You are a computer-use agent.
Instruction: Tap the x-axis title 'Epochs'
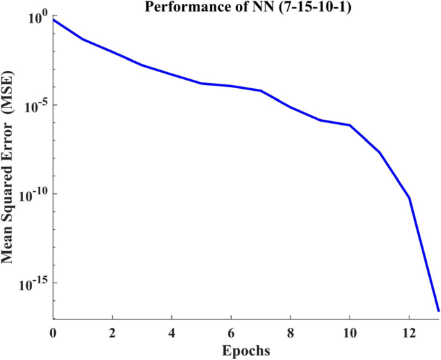click(246, 351)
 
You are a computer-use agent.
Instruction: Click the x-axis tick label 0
click(53, 332)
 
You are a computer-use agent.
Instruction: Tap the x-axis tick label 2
click(113, 332)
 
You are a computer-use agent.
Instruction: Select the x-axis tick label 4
click(172, 332)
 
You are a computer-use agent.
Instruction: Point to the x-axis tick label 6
click(231, 332)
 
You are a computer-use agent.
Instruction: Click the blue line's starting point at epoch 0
click(53, 19)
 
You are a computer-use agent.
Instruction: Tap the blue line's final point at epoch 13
click(438, 311)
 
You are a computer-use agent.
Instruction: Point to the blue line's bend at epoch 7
click(261, 91)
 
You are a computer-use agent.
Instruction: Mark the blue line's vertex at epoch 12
click(409, 197)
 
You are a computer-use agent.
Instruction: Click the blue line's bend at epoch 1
click(83, 39)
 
